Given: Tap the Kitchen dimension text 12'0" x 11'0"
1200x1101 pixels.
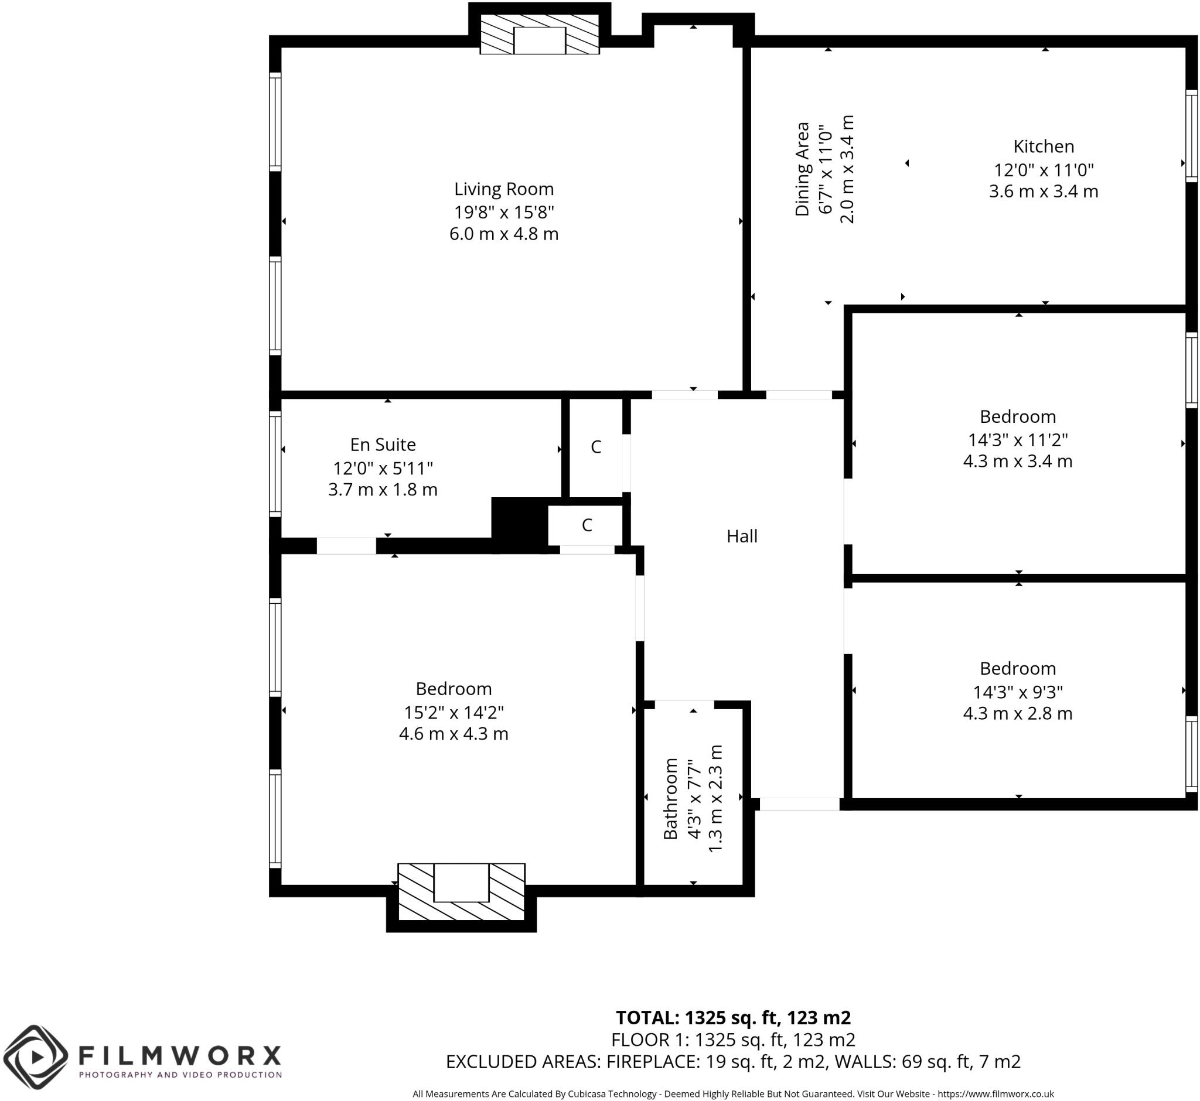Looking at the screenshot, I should pyautogui.click(x=1043, y=170).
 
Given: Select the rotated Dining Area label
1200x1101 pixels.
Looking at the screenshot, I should pyautogui.click(x=802, y=169).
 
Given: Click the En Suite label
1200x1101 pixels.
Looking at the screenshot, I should pyautogui.click(x=383, y=444).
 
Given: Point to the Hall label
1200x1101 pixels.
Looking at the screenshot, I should pyautogui.click(x=742, y=536).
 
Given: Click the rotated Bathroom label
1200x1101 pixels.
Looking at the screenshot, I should pyautogui.click(x=671, y=798).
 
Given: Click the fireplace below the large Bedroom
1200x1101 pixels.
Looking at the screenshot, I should pyautogui.click(x=461, y=892).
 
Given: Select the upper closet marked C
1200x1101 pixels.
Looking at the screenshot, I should pyautogui.click(x=595, y=447).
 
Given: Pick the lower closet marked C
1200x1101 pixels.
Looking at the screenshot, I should pyautogui.click(x=587, y=525).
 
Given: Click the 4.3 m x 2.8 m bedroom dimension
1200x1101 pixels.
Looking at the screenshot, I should pyautogui.click(x=1018, y=713).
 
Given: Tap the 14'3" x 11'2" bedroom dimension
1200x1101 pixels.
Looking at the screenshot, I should pyautogui.click(x=1018, y=440).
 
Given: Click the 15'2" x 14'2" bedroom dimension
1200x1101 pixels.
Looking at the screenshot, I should pyautogui.click(x=454, y=712).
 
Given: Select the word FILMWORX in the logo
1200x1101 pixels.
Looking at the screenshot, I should pyautogui.click(x=179, y=1056).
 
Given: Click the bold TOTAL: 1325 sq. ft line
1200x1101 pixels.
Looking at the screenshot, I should pyautogui.click(x=733, y=1017).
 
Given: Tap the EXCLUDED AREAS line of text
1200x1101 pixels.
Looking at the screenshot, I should pyautogui.click(x=733, y=1061).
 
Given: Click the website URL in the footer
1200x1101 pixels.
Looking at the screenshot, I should pyautogui.click(x=996, y=1094).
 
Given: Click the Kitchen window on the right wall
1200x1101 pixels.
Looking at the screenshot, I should pyautogui.click(x=1191, y=135).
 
